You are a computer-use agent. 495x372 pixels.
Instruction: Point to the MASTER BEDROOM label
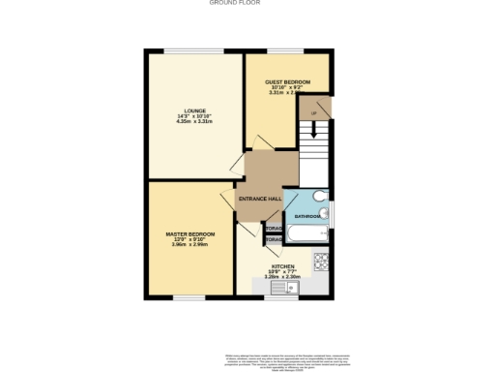click(x=189, y=233)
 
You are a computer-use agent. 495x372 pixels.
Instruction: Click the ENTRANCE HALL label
click(x=260, y=199)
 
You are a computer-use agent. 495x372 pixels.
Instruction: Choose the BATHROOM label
click(x=308, y=216)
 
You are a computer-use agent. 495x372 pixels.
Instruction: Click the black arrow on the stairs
click(x=313, y=126)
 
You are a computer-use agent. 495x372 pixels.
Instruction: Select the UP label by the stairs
click(x=314, y=113)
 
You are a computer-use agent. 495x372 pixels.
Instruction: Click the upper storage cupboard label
click(x=274, y=229)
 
